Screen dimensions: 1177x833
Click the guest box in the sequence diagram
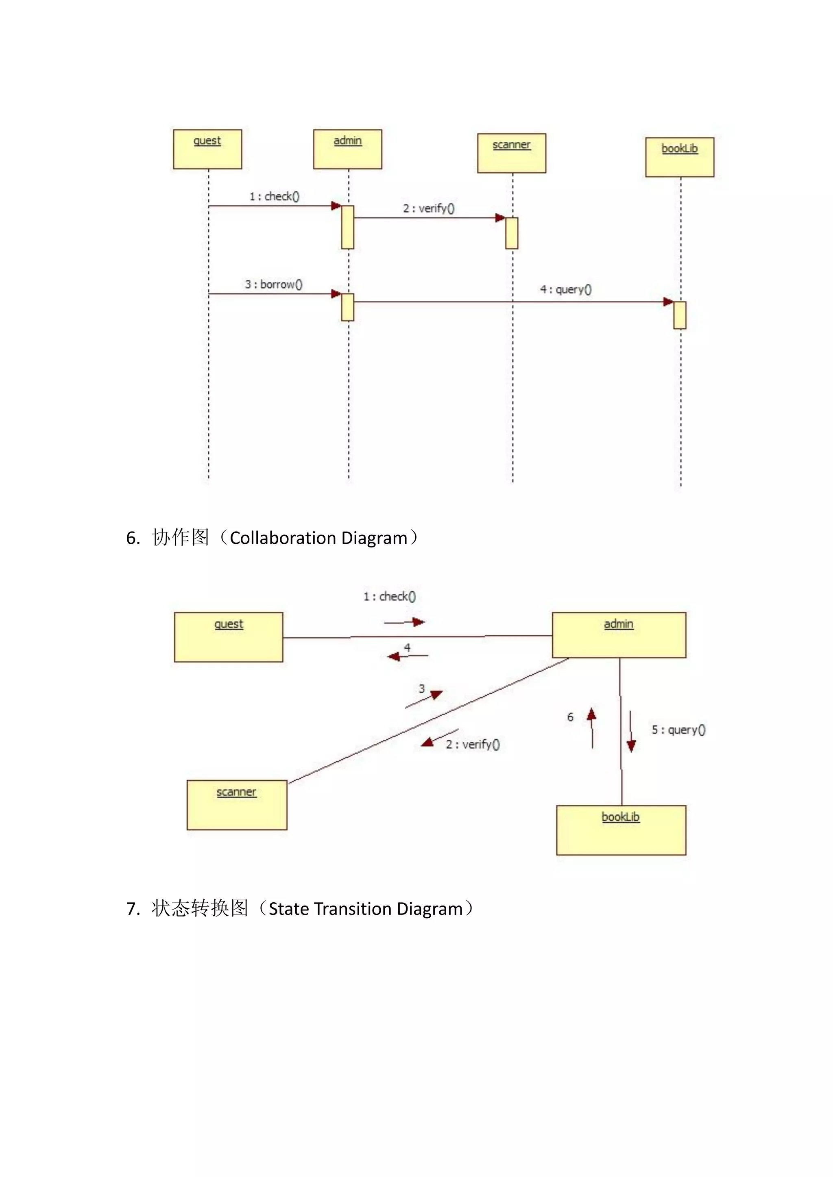[207, 149]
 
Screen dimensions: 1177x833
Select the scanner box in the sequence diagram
[511, 153]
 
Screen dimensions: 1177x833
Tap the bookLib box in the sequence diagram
[679, 157]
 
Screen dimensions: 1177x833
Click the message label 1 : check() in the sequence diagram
[275, 196]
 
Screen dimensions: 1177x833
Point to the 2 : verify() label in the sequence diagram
[429, 208]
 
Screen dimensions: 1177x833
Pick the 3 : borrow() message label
[273, 284]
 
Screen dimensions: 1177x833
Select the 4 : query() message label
[566, 290]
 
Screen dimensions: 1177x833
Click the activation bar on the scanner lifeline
[511, 233]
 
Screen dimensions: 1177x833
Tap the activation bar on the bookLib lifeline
[680, 315]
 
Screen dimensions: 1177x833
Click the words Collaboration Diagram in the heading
[318, 538]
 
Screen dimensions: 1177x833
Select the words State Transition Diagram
[366, 909]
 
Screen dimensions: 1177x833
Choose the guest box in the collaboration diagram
[228, 637]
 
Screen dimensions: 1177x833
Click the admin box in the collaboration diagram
[619, 635]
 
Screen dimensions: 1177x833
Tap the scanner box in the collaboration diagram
[236, 805]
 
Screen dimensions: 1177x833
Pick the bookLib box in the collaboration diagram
[621, 830]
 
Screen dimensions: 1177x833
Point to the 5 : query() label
[678, 730]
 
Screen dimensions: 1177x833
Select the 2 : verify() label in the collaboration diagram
[472, 744]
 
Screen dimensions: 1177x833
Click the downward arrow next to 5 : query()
[631, 732]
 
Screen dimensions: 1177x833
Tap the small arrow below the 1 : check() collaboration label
[405, 622]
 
